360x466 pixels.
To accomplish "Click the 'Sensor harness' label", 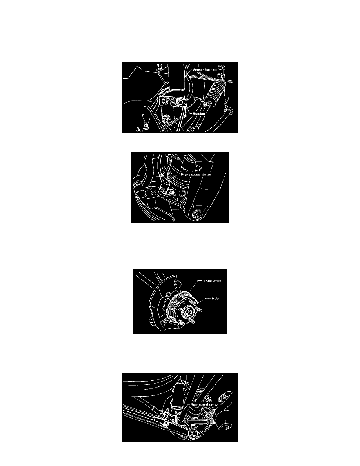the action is [x=205, y=69].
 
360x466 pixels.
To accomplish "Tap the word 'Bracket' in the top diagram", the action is [x=199, y=113].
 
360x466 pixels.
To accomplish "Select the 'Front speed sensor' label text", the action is [x=196, y=175].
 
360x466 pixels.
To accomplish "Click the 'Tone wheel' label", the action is [x=213, y=281].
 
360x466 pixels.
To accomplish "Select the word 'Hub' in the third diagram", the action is [x=215, y=298].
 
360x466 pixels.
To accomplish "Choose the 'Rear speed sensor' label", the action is [x=204, y=404].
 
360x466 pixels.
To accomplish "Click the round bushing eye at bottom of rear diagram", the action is [x=194, y=433].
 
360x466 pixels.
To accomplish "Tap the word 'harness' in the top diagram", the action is [x=211, y=69].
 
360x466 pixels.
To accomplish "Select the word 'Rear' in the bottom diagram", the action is [x=194, y=404].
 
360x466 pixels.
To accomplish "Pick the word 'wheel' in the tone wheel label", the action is [x=217, y=281].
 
